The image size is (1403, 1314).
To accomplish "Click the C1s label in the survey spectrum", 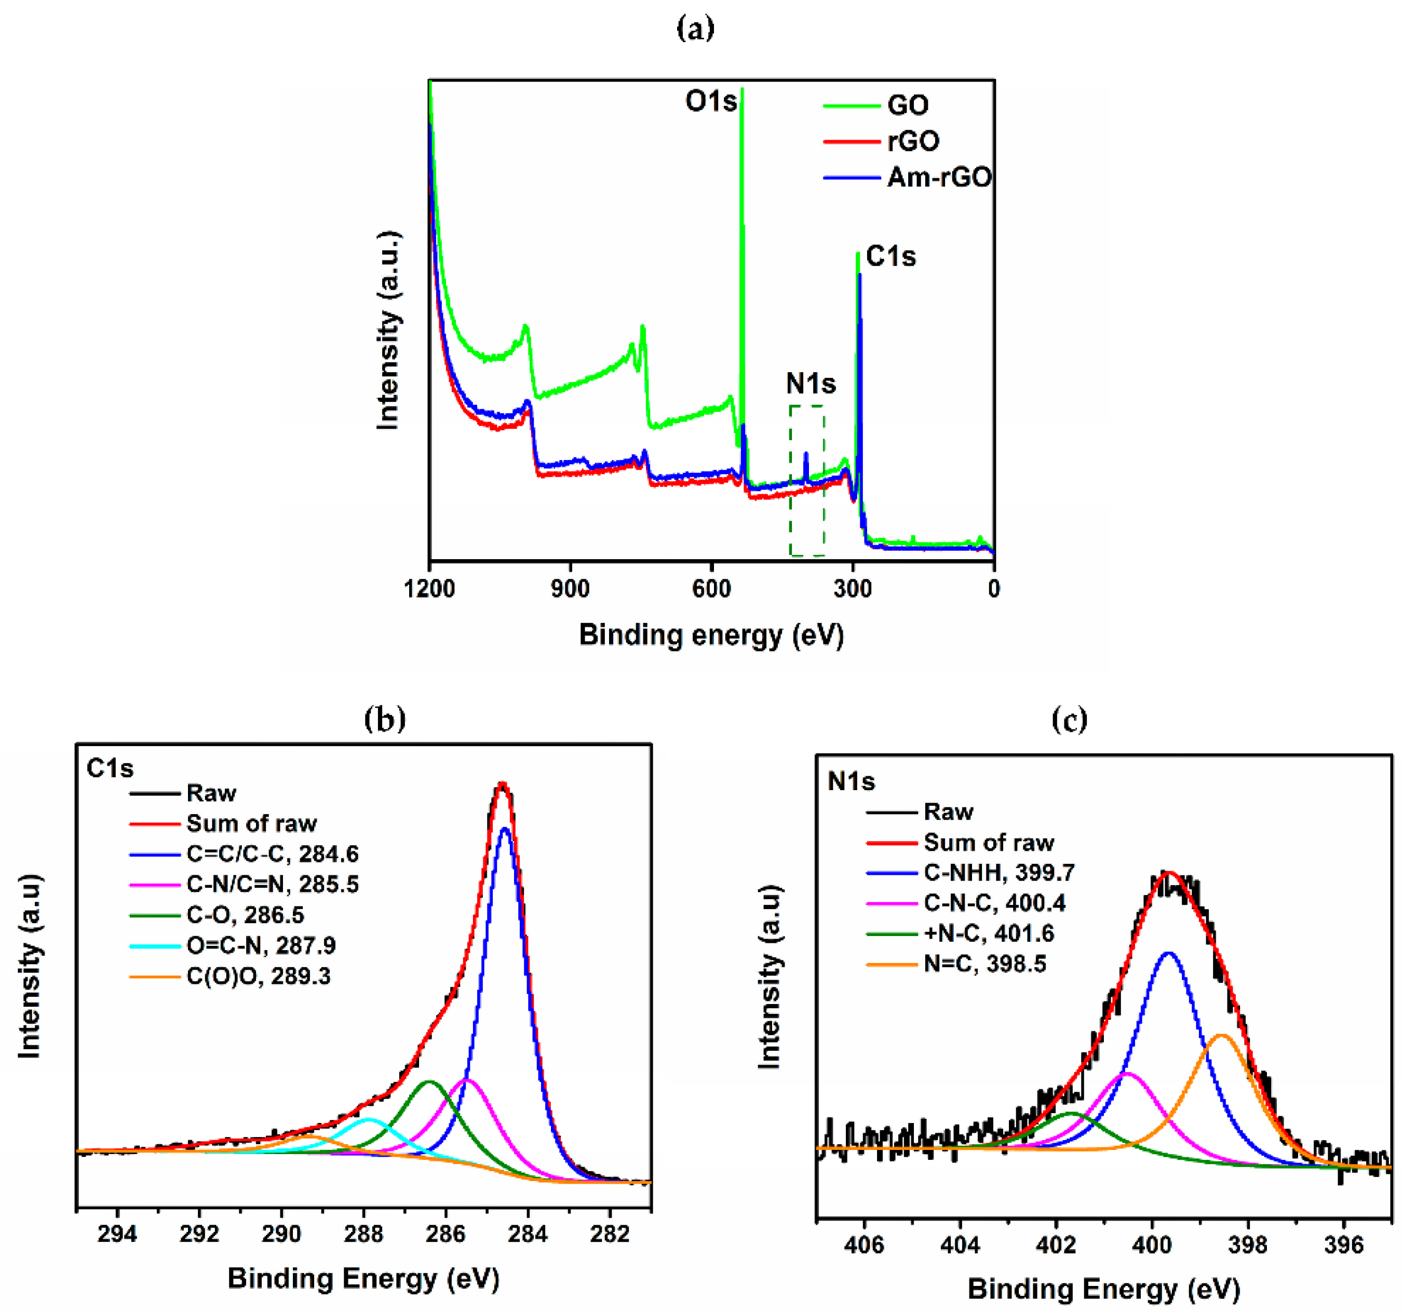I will point(891,256).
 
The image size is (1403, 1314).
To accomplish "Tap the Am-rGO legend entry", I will point(939,177).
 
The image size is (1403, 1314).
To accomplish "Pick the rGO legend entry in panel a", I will point(913,141).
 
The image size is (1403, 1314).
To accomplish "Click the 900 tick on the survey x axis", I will point(570,588).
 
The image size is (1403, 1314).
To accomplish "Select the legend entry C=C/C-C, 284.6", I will point(273,854).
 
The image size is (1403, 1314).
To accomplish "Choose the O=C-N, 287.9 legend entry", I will point(261,945).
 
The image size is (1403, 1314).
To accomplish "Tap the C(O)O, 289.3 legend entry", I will point(258,976).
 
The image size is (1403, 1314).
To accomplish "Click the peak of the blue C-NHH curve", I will point(1169,953).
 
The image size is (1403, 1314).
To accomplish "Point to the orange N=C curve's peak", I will point(1222,1035).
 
